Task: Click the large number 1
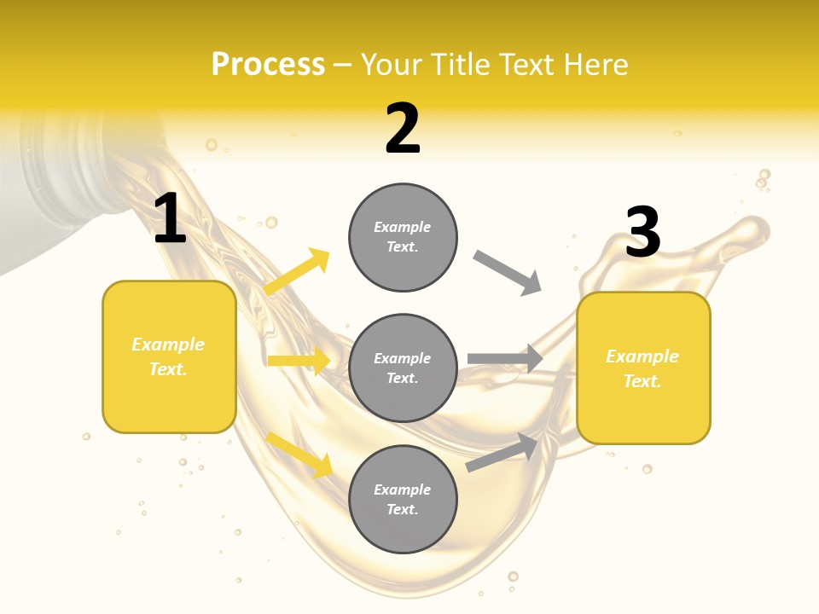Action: coord(170,219)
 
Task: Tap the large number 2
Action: coord(403,129)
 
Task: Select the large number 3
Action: coord(643,232)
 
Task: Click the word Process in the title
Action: coord(268,64)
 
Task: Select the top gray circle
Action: coord(403,237)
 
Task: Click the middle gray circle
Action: coord(403,368)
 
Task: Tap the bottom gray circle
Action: coord(403,499)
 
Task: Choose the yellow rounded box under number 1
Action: coord(169,356)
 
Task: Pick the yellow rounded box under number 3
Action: coord(643,368)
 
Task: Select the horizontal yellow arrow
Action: coord(299,361)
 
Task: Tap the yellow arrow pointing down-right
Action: coord(299,454)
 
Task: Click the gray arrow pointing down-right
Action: coord(508,273)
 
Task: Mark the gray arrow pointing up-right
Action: coord(502,451)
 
